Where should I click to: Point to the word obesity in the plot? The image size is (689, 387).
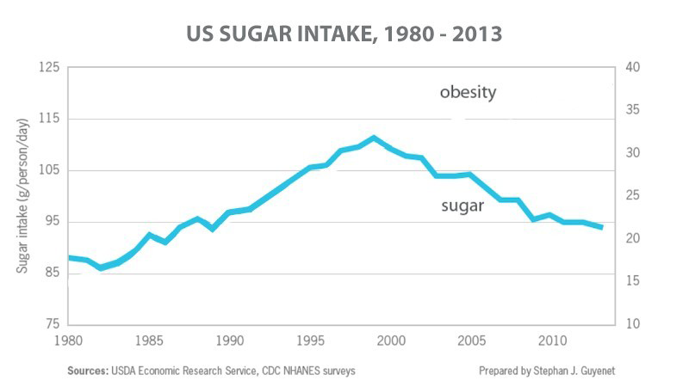pyautogui.click(x=468, y=93)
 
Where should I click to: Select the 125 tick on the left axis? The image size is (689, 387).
pyautogui.click(x=47, y=67)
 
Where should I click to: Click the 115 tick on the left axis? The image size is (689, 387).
pyautogui.click(x=47, y=119)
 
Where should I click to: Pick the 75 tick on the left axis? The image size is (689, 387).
pyautogui.click(x=51, y=324)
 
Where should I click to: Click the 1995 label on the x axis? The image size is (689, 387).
pyautogui.click(x=310, y=340)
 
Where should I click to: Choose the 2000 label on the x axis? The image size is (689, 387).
pyautogui.click(x=390, y=340)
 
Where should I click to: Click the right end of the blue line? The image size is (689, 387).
pyautogui.click(x=601, y=227)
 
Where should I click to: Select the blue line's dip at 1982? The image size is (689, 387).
pyautogui.click(x=102, y=267)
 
